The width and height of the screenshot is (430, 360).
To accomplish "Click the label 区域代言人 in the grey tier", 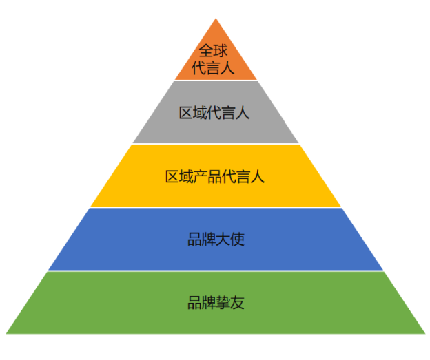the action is point(214,113).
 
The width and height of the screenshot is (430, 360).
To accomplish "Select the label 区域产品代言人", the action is point(215,176).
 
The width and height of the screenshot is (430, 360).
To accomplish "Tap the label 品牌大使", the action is point(216,240).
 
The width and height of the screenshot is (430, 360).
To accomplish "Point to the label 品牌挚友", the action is point(216,303).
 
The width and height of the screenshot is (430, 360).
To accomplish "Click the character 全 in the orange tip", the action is point(207,50).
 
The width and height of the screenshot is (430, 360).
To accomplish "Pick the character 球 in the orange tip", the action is point(222,50).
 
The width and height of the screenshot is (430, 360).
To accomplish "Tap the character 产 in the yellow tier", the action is point(201,176).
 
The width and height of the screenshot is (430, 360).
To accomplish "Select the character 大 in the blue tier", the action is point(223,240).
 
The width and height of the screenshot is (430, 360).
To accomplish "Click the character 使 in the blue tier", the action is point(237,240).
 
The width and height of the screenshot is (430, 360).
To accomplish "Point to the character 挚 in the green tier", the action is point(223,303).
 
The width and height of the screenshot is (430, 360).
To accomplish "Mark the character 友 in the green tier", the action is point(237,303).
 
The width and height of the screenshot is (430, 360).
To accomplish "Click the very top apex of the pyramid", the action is point(216,18).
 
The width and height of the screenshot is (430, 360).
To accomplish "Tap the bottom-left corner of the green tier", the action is point(8,333).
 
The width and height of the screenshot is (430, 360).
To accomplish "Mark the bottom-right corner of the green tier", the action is point(423,333).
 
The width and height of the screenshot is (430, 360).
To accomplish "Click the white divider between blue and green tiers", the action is point(216,271).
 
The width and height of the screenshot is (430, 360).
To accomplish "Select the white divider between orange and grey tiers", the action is point(216,81).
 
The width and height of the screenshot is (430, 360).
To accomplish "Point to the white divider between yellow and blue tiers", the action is point(216,207).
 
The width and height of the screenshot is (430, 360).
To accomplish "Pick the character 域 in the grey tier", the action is point(200,113).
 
